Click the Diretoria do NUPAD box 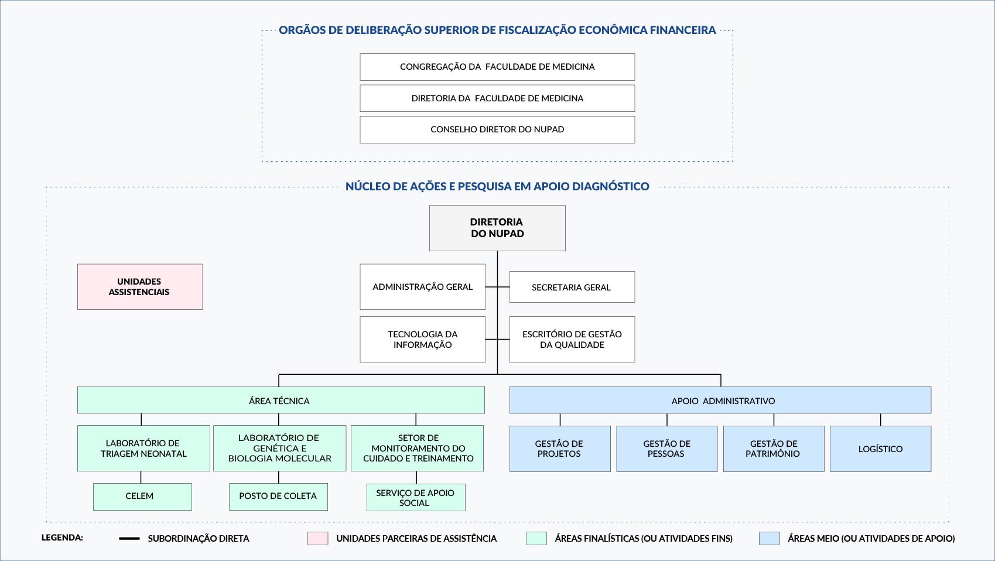coord(497,228)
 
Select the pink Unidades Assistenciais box coord(140,287)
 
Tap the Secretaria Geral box coord(572,287)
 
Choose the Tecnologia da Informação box coord(422,339)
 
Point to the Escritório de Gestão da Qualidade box coord(572,339)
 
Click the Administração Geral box coord(422,287)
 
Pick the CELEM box coord(142,497)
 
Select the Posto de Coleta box coord(278,497)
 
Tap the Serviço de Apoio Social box coord(416,497)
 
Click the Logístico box coord(880,449)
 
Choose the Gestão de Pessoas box coord(666,449)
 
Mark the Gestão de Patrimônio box coord(773,449)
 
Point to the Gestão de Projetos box coord(560,449)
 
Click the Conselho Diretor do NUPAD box coord(497,129)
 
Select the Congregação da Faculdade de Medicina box coord(497,67)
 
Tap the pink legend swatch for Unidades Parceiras coord(317,538)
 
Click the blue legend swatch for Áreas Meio coord(769,538)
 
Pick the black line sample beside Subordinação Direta coord(129,539)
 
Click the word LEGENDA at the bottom coord(62,538)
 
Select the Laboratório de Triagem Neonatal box coord(143,448)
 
